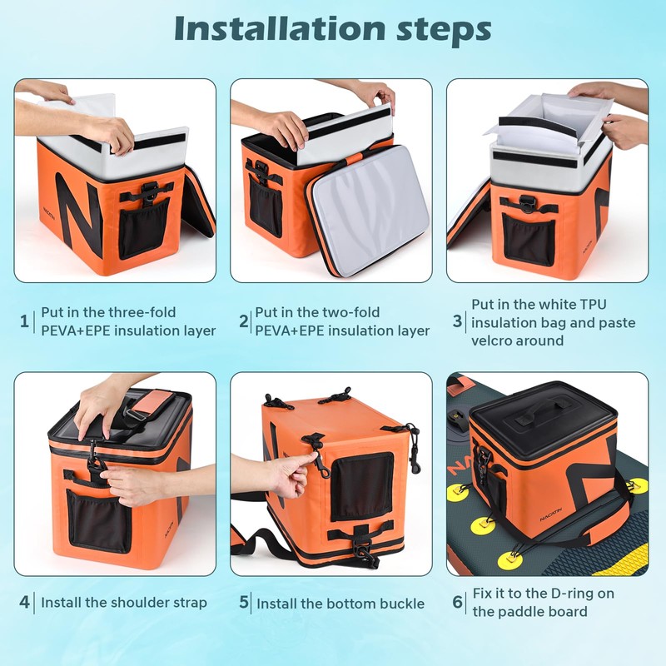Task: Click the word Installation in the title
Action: (x=281, y=29)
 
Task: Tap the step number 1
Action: (x=24, y=321)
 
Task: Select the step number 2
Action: (x=243, y=321)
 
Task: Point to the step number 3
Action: (x=457, y=321)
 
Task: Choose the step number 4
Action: (x=25, y=602)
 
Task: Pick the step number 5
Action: (x=244, y=602)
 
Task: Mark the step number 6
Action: (x=457, y=602)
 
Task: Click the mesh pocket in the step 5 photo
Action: (x=362, y=487)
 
